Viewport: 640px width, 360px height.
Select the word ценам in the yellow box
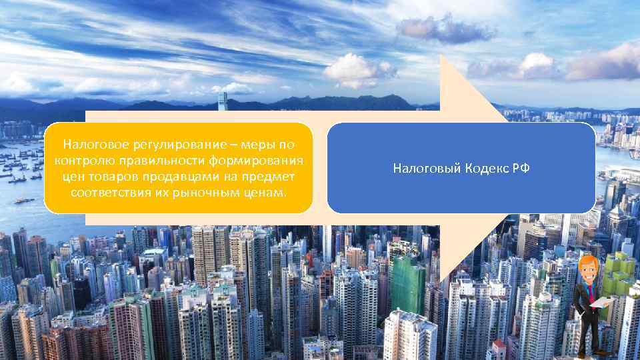[265, 193]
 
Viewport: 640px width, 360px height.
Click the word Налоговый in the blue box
[423, 169]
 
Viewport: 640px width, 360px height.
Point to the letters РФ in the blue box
[521, 169]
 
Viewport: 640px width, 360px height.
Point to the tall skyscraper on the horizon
[222, 102]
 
